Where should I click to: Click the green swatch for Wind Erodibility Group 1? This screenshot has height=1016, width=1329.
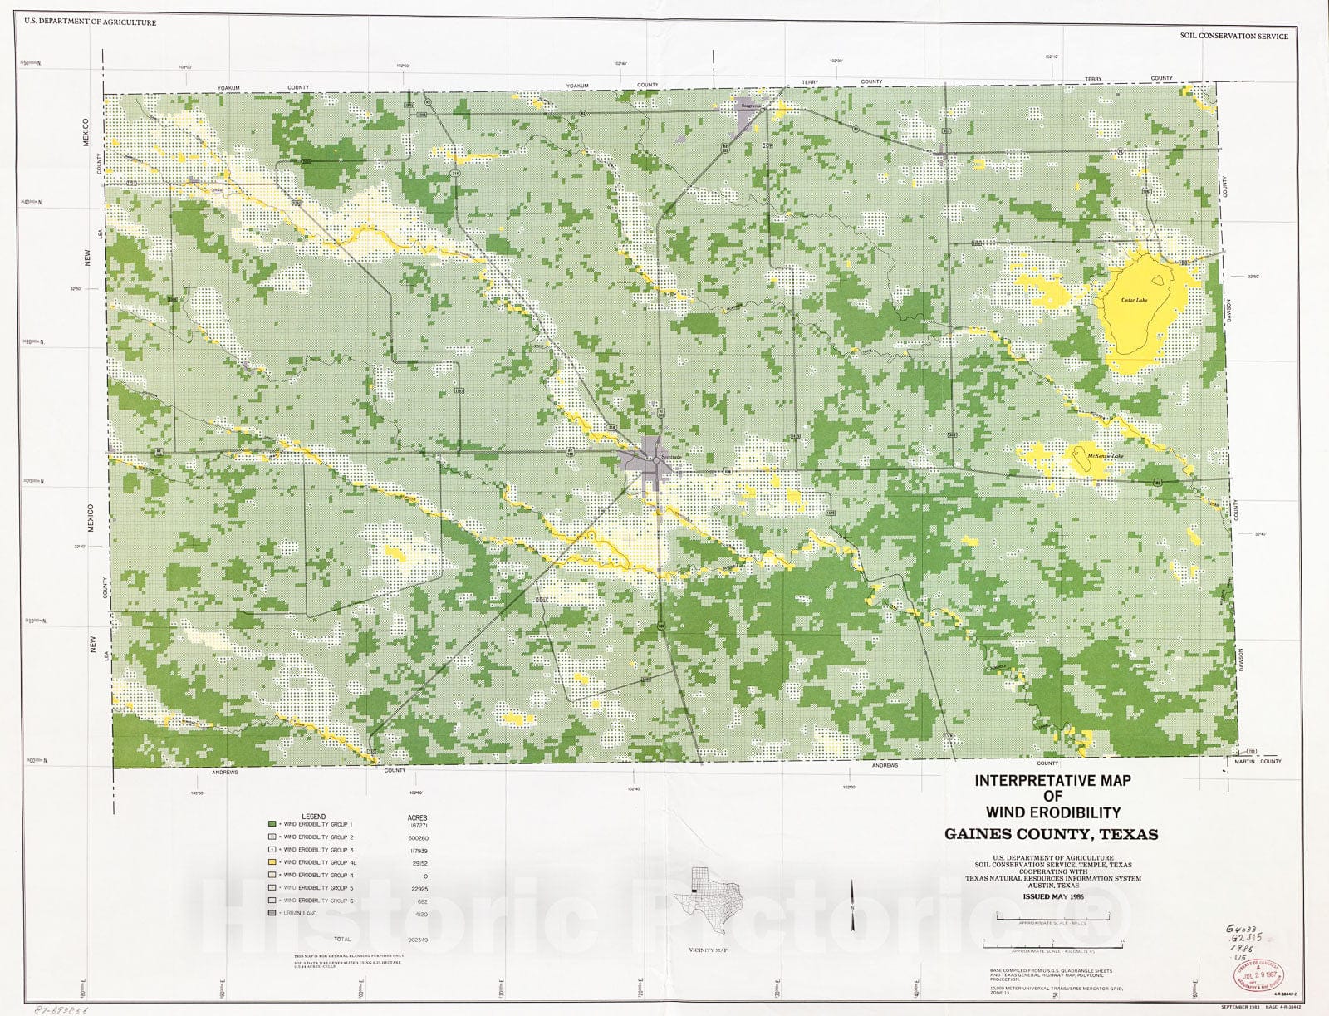(272, 824)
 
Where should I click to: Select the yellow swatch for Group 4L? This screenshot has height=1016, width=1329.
(272, 862)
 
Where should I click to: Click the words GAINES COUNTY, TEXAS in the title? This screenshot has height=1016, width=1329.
(1051, 833)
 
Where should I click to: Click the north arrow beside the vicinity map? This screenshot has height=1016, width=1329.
(854, 901)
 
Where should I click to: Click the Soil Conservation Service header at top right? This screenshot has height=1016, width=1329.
(1233, 37)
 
